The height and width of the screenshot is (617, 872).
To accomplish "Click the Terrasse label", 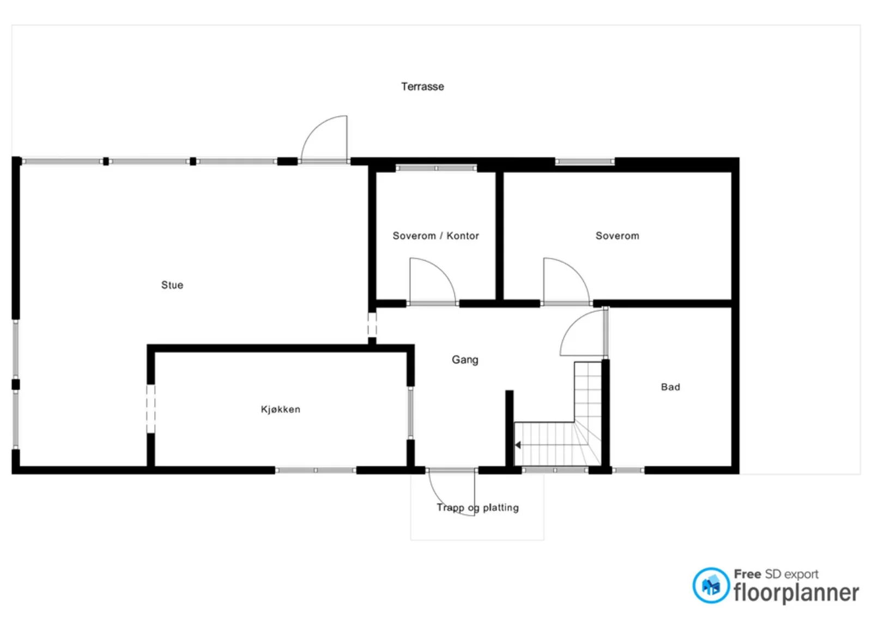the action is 422,87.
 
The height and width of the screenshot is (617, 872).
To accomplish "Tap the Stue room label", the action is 172,285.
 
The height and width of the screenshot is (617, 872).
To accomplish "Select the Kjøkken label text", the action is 280,409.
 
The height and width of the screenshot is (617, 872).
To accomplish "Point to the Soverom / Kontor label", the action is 435,235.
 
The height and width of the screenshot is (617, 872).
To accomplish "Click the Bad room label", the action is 670,387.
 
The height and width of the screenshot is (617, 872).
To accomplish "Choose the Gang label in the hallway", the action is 465,360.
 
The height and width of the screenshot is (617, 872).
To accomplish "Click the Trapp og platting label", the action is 477,507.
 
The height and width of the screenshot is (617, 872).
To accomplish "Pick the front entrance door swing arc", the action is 442,503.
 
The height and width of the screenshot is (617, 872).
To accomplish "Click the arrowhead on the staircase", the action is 518,445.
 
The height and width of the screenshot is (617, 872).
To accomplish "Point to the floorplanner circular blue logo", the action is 711,585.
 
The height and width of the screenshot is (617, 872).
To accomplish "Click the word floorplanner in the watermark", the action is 796,593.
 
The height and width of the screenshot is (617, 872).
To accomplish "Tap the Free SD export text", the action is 776,574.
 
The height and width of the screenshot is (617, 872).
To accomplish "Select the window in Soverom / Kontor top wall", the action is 436,168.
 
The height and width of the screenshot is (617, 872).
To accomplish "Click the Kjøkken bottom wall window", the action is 316,470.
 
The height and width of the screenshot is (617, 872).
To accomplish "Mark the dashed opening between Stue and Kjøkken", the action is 150,409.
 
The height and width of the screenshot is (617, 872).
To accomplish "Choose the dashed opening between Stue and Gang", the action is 372,325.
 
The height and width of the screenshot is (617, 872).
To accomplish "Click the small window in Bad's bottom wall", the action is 628,470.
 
